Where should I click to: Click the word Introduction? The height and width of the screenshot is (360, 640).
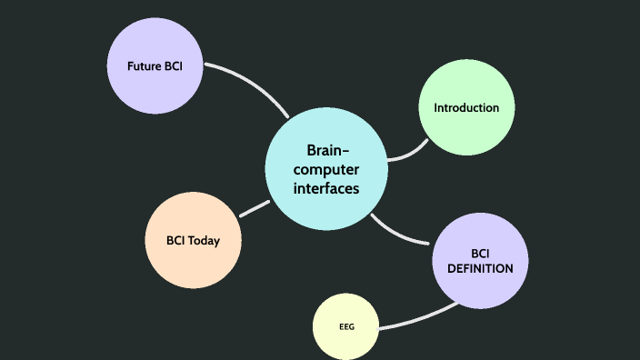[466, 107]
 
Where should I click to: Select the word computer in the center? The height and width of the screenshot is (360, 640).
[326, 170]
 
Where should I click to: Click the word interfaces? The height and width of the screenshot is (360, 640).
[326, 188]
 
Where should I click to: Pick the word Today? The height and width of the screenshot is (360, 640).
[204, 241]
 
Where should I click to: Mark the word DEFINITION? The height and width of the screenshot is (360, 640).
[480, 268]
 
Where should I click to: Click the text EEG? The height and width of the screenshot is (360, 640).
[346, 326]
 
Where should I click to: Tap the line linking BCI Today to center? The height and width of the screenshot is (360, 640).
[255, 208]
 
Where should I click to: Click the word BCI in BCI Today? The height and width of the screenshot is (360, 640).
[176, 241]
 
